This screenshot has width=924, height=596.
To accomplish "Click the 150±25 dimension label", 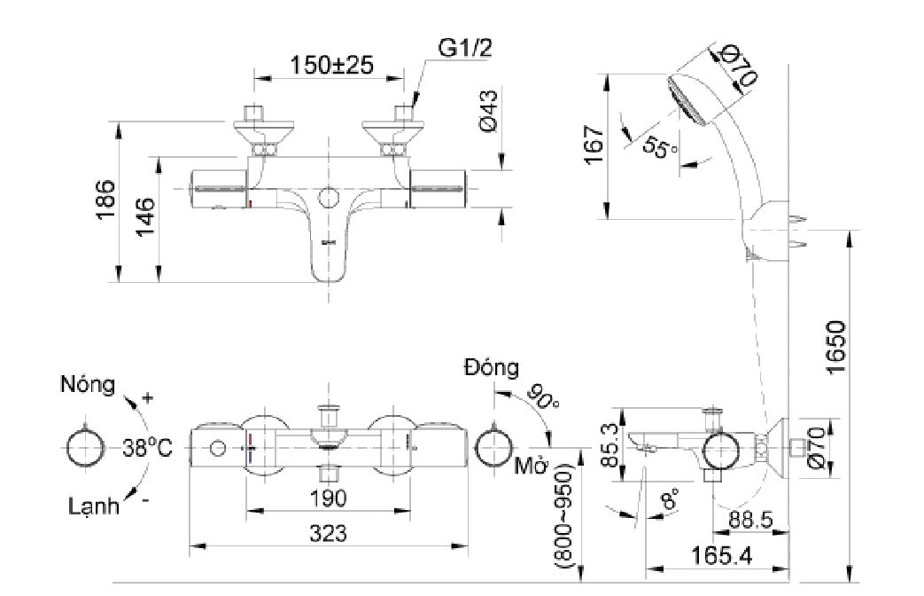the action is pyautogui.click(x=331, y=65).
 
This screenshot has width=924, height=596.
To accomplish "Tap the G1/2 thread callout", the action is pyautogui.click(x=464, y=48).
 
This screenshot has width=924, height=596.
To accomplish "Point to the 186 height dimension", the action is pyautogui.click(x=106, y=200).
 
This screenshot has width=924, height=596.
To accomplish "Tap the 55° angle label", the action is pyautogui.click(x=660, y=147).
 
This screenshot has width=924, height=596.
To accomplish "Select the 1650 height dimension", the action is pyautogui.click(x=835, y=347).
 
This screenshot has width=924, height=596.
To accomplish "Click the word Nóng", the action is pyautogui.click(x=88, y=385).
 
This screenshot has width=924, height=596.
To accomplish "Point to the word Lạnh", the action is pyautogui.click(x=94, y=506).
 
